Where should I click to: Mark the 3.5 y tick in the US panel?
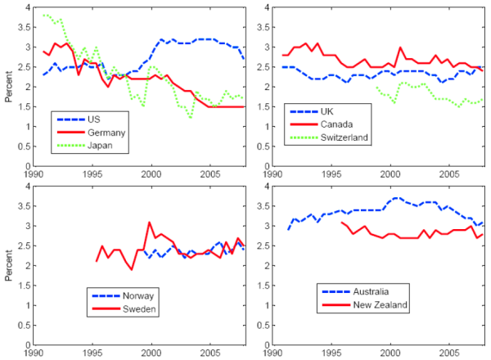pyautogui.click(x=24, y=27)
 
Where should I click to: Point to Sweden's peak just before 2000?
pyautogui.click(x=149, y=223)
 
